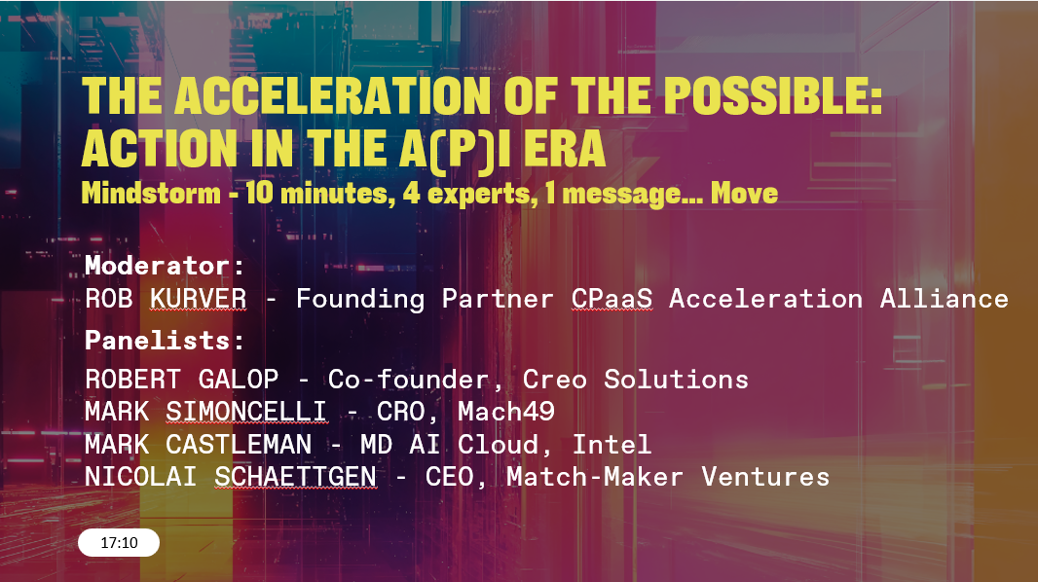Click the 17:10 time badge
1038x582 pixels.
(x=119, y=543)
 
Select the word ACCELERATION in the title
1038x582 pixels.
(x=332, y=96)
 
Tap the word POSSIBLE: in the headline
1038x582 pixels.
(x=773, y=96)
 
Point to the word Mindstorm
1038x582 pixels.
(x=151, y=194)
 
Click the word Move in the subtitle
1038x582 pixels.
(x=744, y=194)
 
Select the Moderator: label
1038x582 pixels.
(x=165, y=266)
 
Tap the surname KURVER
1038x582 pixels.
(x=198, y=299)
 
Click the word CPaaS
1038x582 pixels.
(x=612, y=299)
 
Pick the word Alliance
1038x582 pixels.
(x=944, y=299)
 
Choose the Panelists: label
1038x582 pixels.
(x=165, y=341)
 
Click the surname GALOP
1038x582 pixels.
(x=239, y=380)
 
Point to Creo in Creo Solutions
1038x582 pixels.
(x=555, y=380)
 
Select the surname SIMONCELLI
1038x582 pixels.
(x=246, y=412)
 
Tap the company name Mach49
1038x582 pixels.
(x=506, y=412)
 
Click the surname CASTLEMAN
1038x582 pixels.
(x=239, y=445)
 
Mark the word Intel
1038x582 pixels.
(x=612, y=445)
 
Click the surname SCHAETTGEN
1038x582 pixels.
(x=295, y=477)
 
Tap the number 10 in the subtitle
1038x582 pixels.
(x=259, y=194)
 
